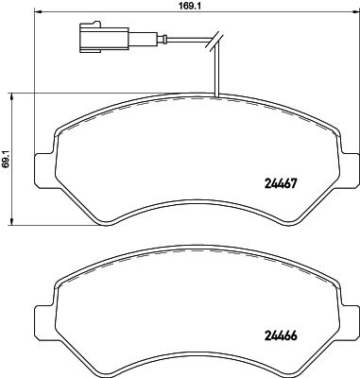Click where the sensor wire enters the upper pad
(217, 96)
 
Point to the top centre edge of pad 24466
(194, 253)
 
